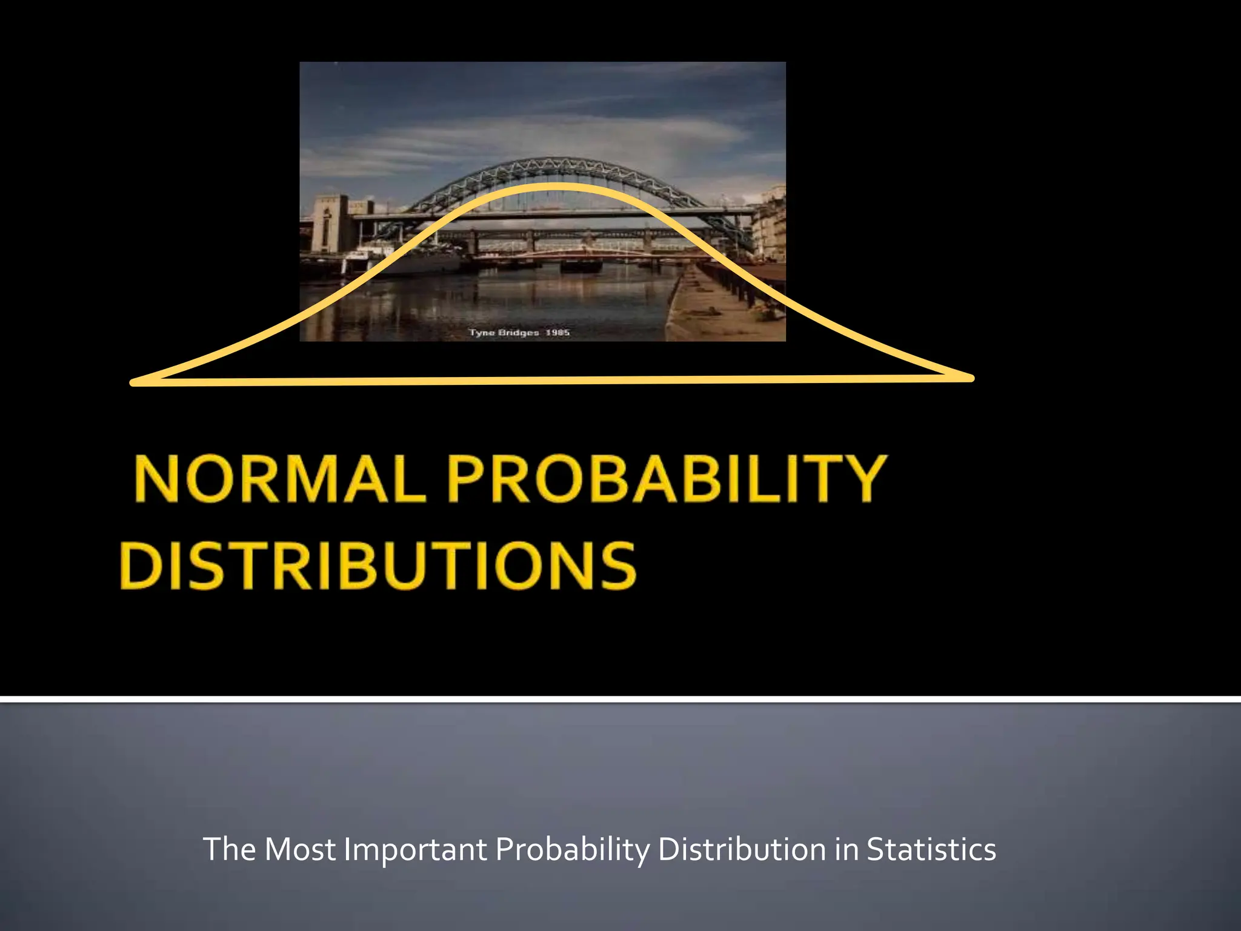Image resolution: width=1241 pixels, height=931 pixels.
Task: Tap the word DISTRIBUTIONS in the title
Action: tap(378, 566)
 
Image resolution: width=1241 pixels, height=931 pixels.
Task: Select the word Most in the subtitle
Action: tap(300, 849)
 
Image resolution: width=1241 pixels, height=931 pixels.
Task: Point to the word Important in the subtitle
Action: tap(415, 849)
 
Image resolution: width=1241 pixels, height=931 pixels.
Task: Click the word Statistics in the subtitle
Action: tap(931, 849)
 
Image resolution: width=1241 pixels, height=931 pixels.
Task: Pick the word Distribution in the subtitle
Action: tap(742, 849)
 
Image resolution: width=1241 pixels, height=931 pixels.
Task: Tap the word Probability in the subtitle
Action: tap(572, 849)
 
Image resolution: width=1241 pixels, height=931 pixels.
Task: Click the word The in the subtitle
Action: tap(229, 849)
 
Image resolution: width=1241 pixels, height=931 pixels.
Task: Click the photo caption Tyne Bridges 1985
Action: tap(519, 333)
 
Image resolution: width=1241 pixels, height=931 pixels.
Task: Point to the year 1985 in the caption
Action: tap(557, 333)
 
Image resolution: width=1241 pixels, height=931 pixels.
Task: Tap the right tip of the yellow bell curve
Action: tap(970, 378)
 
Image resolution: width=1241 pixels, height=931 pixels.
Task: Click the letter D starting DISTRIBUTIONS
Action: tap(141, 566)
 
